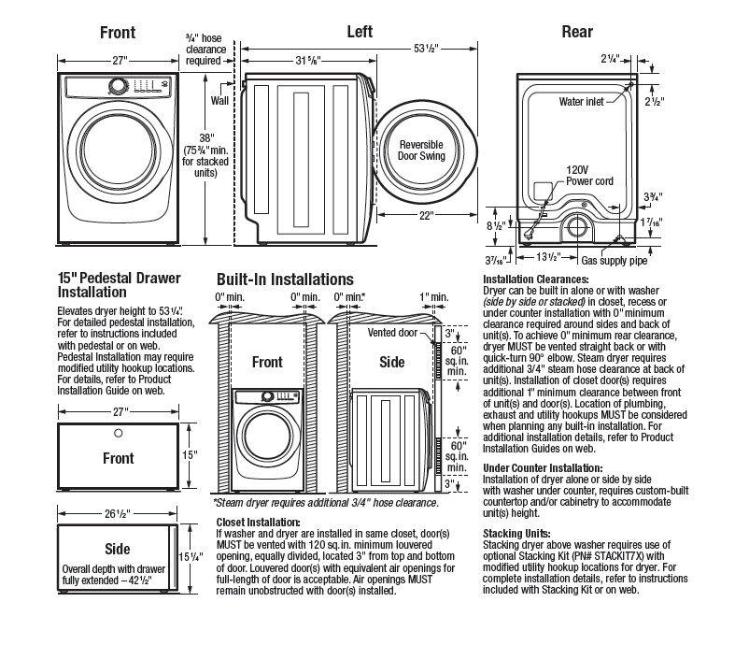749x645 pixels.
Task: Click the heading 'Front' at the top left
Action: click(x=118, y=33)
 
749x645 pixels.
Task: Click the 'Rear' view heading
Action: click(x=576, y=33)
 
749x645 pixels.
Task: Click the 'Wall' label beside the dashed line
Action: click(x=219, y=98)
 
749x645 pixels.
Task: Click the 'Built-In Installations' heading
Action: click(x=285, y=279)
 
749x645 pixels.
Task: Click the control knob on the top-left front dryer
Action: click(x=118, y=85)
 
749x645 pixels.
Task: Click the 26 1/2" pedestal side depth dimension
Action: click(x=118, y=513)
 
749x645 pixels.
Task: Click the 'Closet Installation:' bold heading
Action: click(x=258, y=522)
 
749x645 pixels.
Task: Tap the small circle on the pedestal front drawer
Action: click(x=118, y=433)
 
